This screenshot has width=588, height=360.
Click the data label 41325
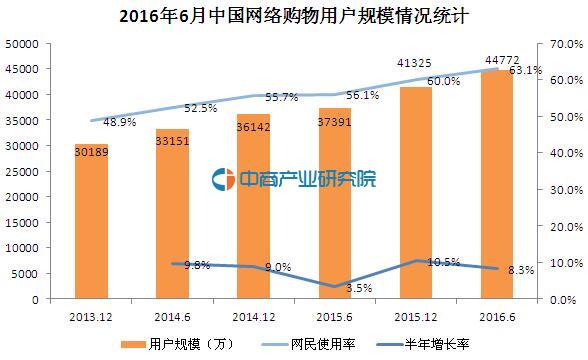coord(415,63)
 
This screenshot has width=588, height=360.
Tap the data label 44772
coord(496,62)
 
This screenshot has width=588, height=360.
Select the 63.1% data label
coord(526,71)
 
